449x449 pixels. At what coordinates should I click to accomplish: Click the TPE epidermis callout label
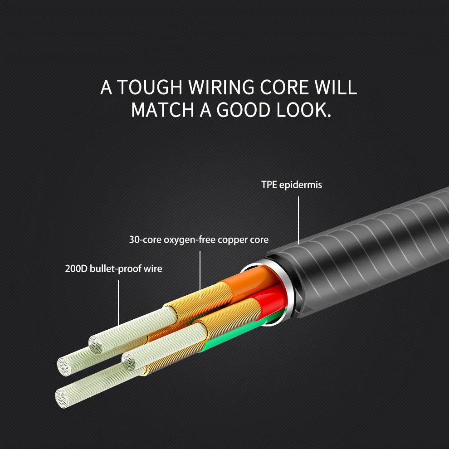[x=291, y=185]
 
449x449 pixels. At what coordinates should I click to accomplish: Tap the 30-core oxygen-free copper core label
[x=199, y=239]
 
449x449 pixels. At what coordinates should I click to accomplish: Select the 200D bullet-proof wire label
[x=113, y=268]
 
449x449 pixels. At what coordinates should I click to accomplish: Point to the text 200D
[x=76, y=268]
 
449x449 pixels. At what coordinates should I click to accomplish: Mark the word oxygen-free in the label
[x=185, y=239]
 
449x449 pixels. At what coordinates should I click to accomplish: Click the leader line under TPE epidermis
[x=299, y=220]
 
